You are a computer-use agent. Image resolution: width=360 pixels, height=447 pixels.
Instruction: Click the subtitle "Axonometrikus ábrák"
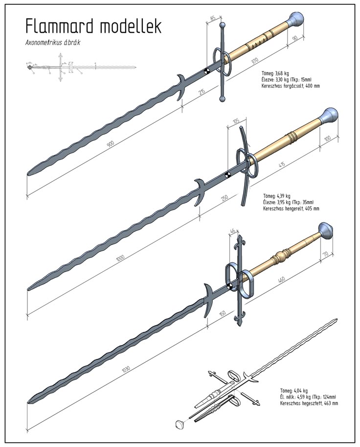(52, 43)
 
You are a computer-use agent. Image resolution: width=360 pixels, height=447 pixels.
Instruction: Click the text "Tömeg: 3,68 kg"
(277, 72)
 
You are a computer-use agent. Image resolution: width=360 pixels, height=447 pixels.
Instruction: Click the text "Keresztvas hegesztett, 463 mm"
(309, 403)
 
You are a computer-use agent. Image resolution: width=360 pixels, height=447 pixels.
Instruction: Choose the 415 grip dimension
(282, 164)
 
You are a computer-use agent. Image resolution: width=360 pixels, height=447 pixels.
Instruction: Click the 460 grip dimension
(281, 280)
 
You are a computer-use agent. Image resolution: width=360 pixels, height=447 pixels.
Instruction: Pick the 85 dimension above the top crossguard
(212, 18)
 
